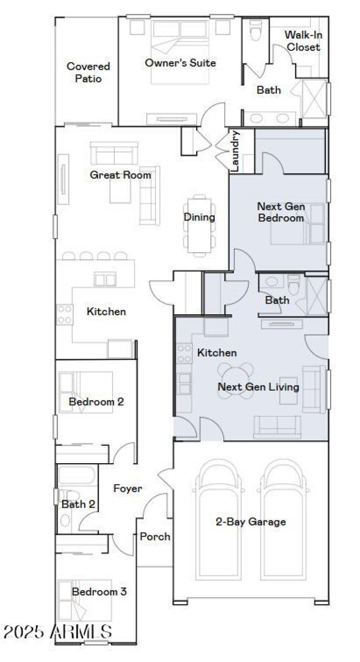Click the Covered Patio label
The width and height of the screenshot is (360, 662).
click(x=88, y=72)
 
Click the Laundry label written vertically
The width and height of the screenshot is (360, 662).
click(x=236, y=151)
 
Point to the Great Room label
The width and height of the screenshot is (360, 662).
click(x=120, y=175)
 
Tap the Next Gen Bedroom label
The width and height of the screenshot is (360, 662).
click(x=281, y=212)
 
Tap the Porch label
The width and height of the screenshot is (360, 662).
click(x=155, y=537)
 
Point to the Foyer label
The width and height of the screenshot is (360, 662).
click(x=127, y=488)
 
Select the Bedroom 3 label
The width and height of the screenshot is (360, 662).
click(x=99, y=592)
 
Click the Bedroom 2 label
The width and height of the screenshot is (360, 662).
click(x=96, y=401)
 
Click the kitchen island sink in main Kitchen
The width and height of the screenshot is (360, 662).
click(x=105, y=279)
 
